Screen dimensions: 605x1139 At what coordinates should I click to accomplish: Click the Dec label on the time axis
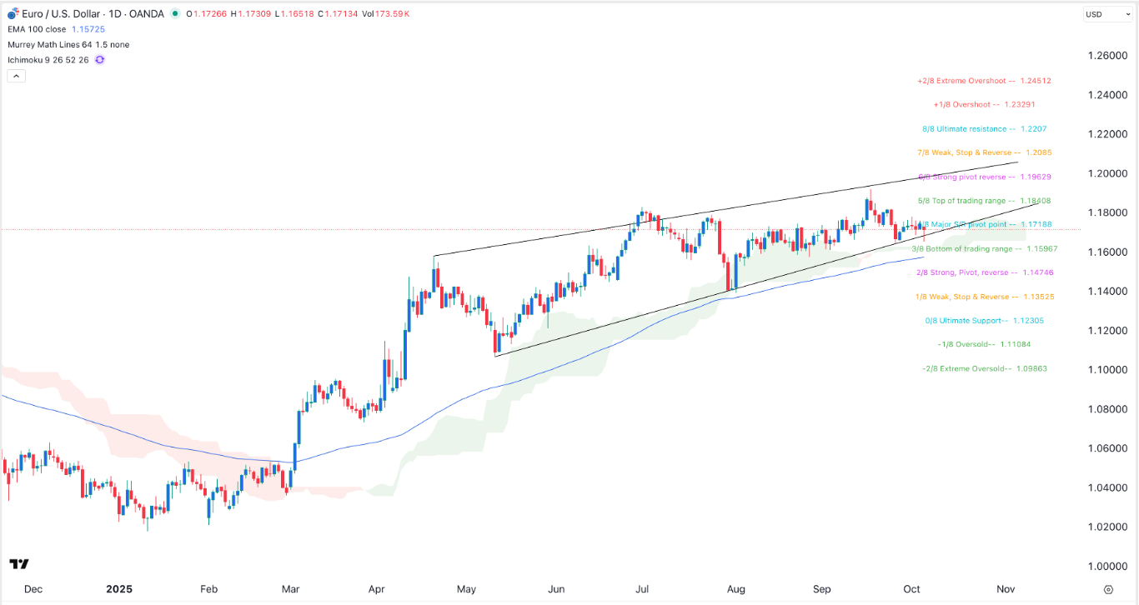[33, 589]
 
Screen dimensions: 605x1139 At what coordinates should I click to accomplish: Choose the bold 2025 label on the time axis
[120, 589]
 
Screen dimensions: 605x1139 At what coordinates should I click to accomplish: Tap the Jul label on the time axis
[644, 589]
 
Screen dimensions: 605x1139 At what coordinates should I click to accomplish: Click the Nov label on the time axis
[1006, 589]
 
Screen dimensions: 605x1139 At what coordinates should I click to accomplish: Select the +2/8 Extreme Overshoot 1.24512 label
[983, 81]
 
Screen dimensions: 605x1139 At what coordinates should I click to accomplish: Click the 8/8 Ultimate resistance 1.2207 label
[984, 129]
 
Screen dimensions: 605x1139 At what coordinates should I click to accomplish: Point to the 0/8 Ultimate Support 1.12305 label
[984, 321]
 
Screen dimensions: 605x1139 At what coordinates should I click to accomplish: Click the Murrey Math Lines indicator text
[68, 44]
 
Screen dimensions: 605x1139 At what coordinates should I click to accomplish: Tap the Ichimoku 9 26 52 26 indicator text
[48, 60]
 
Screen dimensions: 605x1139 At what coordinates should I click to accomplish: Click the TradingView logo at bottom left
[21, 564]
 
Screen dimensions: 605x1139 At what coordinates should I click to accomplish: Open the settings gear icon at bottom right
[1107, 589]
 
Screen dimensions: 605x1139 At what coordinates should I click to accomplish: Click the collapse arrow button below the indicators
[17, 76]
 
